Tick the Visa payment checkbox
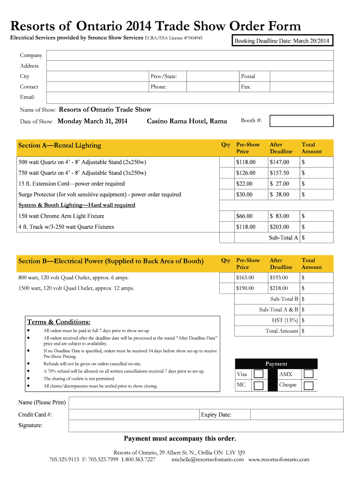coord(259,374)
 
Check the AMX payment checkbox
coord(308,374)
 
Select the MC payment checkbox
coord(259,385)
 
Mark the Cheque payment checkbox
coord(308,385)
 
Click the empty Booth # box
coord(302,121)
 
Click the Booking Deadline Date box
coord(282,41)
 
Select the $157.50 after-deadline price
coord(280,173)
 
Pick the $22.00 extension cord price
coord(245,184)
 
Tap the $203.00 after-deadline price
coord(280,227)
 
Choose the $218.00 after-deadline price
coord(280,289)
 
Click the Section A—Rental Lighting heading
coord(59,145)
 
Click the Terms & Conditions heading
coord(58,322)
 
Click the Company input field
coord(189,56)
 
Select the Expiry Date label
coord(216,415)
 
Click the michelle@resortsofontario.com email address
coord(208,460)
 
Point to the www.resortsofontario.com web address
coord(279,460)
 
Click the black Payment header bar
coord(276,364)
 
